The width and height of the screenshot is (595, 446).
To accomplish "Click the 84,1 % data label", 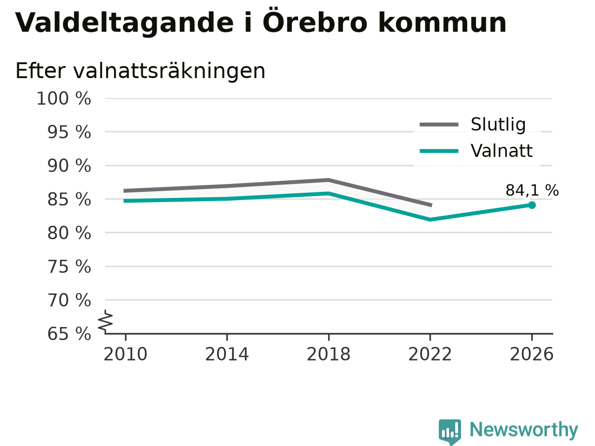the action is coord(532,190).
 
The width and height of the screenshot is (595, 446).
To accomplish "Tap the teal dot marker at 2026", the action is coord(532,205).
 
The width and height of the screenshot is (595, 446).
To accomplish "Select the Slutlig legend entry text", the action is coord(498,125).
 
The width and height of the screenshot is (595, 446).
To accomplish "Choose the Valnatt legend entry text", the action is coord(502,151).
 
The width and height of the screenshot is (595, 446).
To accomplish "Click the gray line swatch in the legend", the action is coord(439,125).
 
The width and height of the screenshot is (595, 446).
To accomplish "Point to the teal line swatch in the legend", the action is coord(439,151).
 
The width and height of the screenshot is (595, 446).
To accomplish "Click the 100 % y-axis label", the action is coord(64,98).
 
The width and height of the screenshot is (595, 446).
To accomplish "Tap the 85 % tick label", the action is coord(69,200).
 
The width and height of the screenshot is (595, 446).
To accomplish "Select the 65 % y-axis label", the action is coord(69,334).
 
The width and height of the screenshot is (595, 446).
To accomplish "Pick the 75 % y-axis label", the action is coord(69,267).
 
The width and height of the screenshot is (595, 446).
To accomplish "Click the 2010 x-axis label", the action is coord(125,354).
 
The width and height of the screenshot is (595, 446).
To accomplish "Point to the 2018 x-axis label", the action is coord(329,354).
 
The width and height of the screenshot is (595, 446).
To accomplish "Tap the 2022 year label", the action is coord(430,354).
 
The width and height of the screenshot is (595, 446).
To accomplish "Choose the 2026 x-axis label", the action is coord(532,354).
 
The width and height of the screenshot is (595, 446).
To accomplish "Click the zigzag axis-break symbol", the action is coord(105,321).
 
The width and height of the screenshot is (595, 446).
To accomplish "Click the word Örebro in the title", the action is coord(315,22).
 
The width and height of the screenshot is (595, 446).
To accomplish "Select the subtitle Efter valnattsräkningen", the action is coord(140,71).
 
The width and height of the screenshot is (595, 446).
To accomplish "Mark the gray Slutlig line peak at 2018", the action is coord(329,180).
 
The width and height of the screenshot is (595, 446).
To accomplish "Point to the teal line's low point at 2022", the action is coord(430,219).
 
